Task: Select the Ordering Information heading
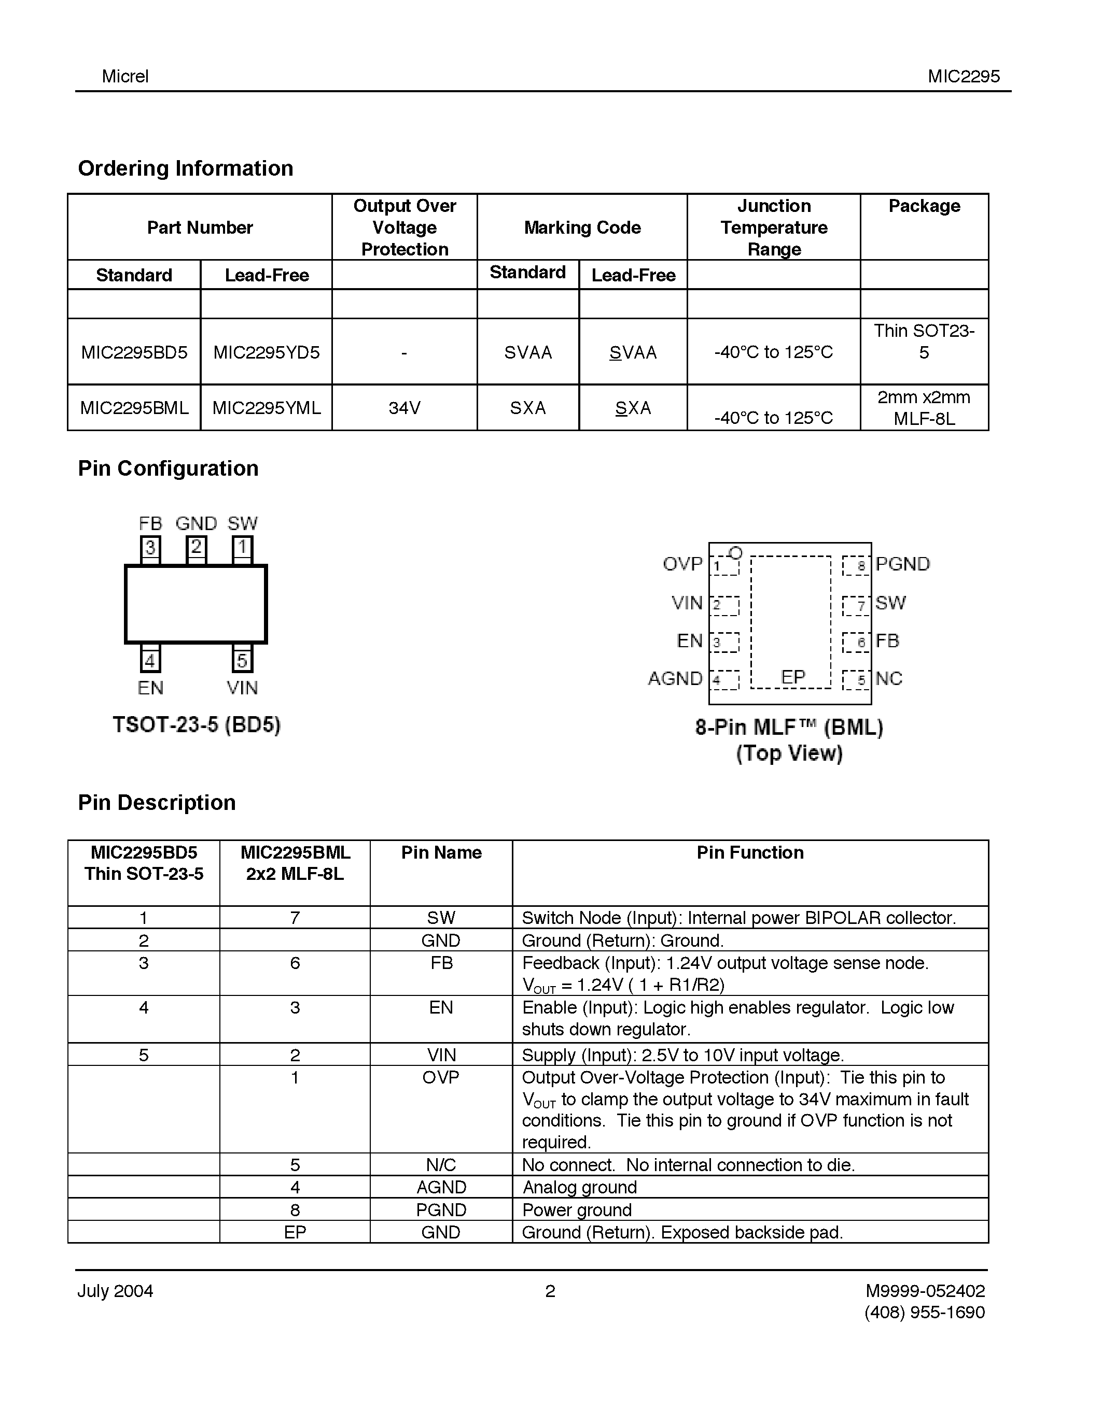click(186, 168)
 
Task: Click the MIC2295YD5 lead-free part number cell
click(267, 352)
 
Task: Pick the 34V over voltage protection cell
click(404, 408)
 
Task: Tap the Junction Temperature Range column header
click(774, 227)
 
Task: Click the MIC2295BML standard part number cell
click(134, 408)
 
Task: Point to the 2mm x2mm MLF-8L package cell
click(923, 408)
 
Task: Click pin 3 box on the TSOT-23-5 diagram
click(150, 547)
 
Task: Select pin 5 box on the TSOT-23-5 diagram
click(242, 660)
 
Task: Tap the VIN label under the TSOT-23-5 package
click(242, 688)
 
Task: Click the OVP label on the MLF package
click(682, 564)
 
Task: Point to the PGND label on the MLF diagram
click(902, 564)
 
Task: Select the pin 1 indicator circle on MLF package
click(736, 553)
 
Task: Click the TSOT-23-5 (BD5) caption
click(197, 725)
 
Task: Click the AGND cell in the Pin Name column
click(441, 1187)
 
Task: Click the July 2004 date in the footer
click(115, 1291)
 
